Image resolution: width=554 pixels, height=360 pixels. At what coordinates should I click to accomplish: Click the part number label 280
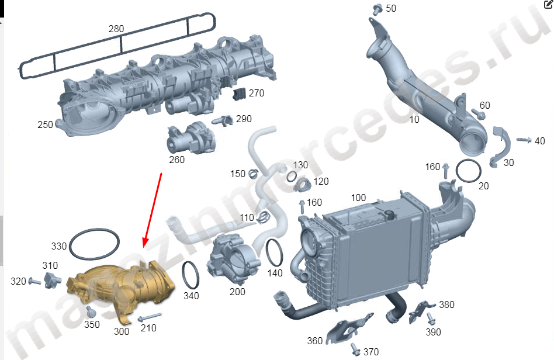(116, 29)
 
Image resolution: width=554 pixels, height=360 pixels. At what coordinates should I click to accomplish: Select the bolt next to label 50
(378, 9)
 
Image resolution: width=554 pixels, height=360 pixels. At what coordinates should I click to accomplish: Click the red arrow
(153, 210)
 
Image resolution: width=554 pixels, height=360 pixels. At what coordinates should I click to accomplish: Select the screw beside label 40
(524, 140)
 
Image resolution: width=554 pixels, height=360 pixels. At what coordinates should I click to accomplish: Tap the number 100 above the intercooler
(358, 198)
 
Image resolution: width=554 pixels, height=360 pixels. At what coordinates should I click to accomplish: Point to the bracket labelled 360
(348, 328)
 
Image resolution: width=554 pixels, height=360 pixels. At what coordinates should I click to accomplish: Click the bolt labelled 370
(356, 349)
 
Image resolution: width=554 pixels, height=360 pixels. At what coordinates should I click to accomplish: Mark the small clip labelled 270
(239, 94)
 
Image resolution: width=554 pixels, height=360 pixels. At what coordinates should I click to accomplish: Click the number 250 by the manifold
(45, 124)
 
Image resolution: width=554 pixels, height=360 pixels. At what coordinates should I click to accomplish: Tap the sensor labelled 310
(52, 280)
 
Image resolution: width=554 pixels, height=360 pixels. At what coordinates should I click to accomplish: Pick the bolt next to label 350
(91, 311)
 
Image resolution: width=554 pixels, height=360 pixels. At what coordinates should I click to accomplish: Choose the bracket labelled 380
(421, 311)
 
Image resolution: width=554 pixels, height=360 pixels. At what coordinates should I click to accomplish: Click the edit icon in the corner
(549, 4)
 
